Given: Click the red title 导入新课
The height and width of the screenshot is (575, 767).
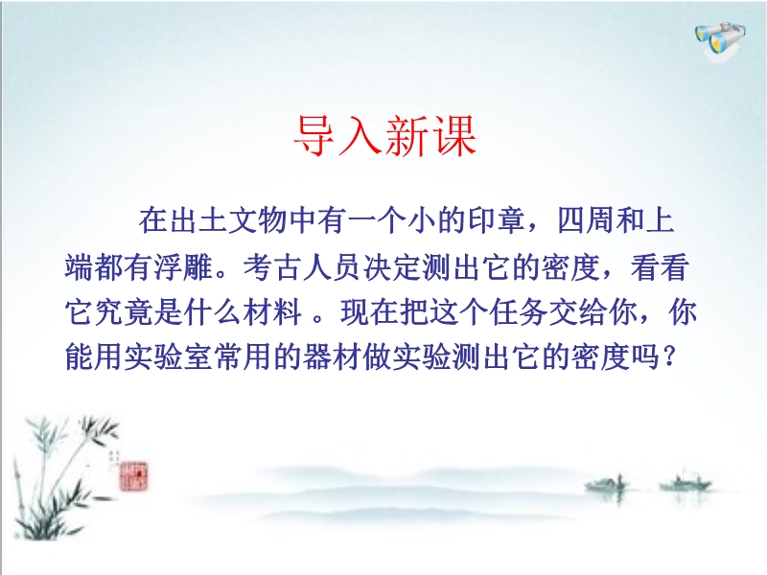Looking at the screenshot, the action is pos(384,136).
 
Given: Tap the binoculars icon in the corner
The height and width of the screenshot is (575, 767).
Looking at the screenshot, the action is pos(721,40).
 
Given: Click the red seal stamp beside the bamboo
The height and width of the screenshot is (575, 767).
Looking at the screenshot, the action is pos(133,476).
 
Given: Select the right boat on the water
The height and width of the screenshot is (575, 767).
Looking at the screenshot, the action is pos(686,483).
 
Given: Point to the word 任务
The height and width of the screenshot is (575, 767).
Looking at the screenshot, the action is pos(519,312).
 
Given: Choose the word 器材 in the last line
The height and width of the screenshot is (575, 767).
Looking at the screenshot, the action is pos(332,357).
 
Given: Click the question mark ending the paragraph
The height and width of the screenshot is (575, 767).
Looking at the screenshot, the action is pos(668,357).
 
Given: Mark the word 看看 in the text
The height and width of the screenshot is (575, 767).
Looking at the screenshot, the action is pos(660,267).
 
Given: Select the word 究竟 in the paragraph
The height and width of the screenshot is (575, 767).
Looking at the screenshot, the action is pos(124,312).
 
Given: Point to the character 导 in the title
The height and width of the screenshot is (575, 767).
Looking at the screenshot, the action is pos(315,136).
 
